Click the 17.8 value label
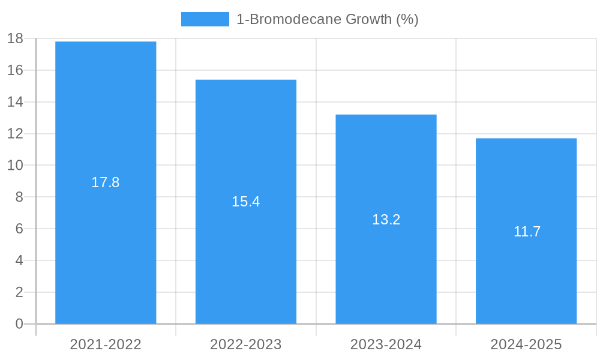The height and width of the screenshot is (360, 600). coord(106,182)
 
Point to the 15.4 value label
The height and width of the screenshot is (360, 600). coord(246,202)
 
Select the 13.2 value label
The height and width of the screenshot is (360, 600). coord(386,220)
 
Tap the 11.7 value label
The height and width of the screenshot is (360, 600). coord(527,232)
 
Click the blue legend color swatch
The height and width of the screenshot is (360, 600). coord(205,19)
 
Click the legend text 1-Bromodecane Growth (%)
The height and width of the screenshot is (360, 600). coord(327,19)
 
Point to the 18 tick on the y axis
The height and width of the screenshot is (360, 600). coord(15,38)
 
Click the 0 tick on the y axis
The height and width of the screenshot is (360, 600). coord(19,324)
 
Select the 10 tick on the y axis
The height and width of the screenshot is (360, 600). coord(15,165)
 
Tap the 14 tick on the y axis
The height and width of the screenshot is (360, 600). coord(15,102)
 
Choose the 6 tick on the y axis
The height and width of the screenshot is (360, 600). coord(19,229)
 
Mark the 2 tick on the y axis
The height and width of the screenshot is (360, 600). coord(19,292)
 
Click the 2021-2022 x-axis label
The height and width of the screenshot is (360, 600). coord(106,344)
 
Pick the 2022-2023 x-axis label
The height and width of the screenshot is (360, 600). coord(246,344)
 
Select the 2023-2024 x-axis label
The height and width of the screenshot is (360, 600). coord(386,344)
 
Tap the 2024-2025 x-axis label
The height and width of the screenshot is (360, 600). coord(526,344)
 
